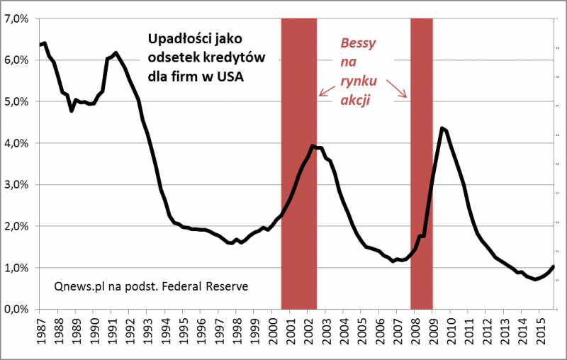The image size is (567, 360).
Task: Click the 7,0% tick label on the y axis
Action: (16, 18)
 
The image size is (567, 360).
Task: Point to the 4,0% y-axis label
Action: (16, 143)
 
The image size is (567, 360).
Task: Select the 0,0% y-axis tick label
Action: (16, 310)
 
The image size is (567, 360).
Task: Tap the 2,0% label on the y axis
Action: (16, 227)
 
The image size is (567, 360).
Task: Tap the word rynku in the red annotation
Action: (359, 81)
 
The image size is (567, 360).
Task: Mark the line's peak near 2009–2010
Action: (442, 128)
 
